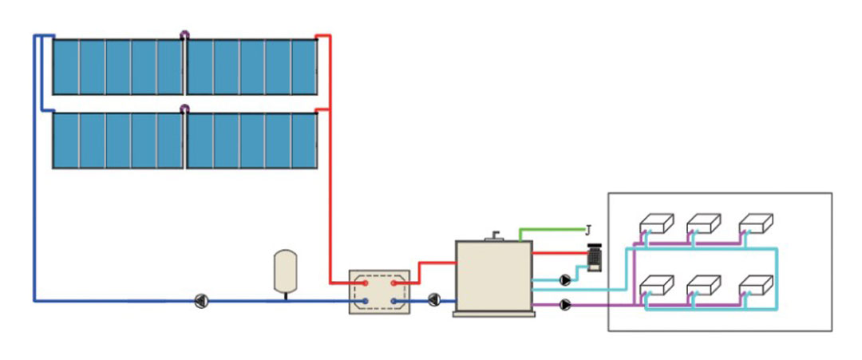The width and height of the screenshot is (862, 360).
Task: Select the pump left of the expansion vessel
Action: [x=202, y=301]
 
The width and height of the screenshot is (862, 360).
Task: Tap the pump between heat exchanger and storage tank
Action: [x=433, y=300]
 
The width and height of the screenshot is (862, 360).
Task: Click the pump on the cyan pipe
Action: [x=566, y=280]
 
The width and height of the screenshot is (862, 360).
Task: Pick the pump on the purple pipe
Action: [x=566, y=304]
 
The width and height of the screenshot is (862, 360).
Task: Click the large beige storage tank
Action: [x=493, y=275]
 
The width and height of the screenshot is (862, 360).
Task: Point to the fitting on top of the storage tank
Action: [x=494, y=235]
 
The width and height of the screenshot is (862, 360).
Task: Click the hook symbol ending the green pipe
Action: [x=588, y=230]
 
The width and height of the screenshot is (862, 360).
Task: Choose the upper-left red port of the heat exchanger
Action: [x=365, y=282]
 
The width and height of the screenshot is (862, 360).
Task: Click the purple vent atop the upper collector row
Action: [x=184, y=35]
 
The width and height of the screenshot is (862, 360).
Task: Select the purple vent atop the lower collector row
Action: [x=184, y=109]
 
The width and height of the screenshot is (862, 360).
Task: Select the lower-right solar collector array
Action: [x=251, y=140]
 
